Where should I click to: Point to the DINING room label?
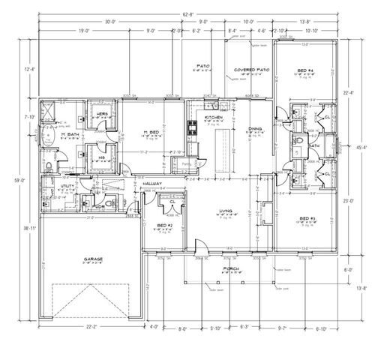(255, 129)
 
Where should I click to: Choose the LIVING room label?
(223, 211)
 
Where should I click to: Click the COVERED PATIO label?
(251, 69)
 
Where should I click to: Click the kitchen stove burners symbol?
(192, 128)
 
